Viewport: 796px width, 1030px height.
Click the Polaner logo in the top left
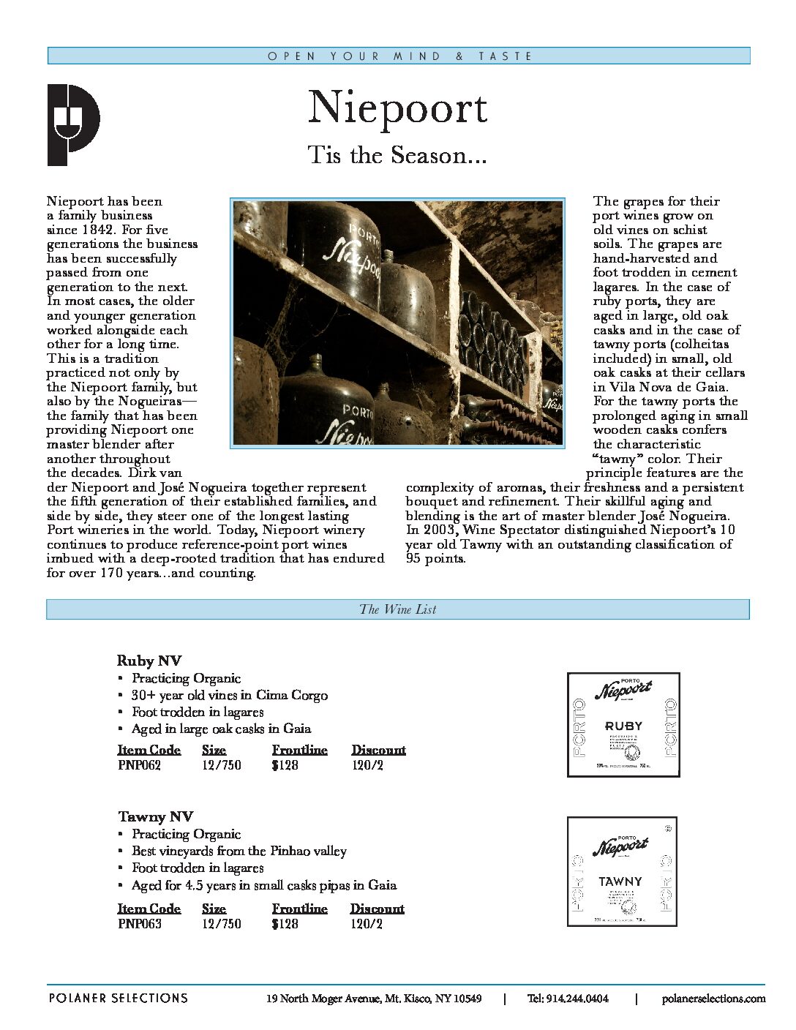click(x=73, y=124)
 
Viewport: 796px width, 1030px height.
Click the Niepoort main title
click(x=397, y=108)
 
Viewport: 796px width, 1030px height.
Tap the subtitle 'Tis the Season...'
click(x=397, y=155)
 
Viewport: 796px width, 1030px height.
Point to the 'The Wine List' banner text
click(x=397, y=609)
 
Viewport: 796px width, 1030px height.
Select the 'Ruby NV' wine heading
click(x=149, y=661)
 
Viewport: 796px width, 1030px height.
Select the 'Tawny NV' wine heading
click(x=155, y=816)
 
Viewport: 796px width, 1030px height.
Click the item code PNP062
click(x=139, y=765)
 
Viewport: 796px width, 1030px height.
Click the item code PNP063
click(x=139, y=924)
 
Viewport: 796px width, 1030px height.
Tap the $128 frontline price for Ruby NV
click(x=285, y=765)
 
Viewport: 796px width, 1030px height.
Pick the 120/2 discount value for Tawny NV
click(x=366, y=924)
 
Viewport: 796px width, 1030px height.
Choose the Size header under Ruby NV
click(x=214, y=750)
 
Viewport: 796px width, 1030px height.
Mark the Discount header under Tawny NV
click(x=377, y=909)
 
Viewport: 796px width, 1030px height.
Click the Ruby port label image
click(x=623, y=724)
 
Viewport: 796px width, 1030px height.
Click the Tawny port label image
click(x=622, y=871)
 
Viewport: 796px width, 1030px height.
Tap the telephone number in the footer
click(x=568, y=999)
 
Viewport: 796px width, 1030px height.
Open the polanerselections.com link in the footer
click(x=713, y=999)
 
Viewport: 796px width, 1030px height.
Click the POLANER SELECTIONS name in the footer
click(x=118, y=998)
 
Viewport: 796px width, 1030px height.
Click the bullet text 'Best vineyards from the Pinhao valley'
click(x=239, y=851)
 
